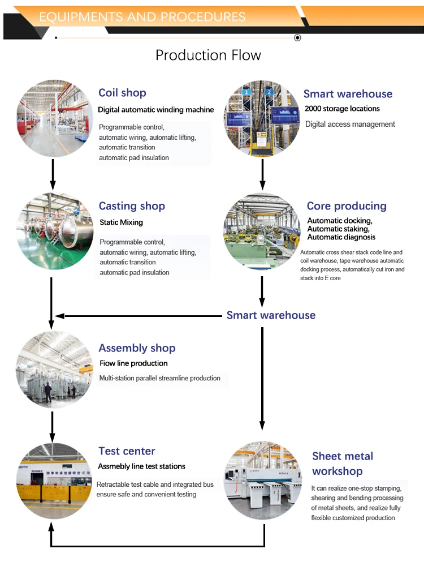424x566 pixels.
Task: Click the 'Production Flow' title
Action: (208, 55)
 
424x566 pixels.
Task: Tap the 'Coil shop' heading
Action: (122, 93)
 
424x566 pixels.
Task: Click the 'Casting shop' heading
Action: (132, 206)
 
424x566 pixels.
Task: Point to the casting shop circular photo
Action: (54, 231)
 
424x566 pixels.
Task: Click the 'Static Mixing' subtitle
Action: (121, 222)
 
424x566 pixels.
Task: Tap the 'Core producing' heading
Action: (347, 206)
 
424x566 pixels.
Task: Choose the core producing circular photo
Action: (262, 231)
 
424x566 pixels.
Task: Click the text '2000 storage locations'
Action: (342, 109)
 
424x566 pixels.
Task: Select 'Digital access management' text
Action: (350, 124)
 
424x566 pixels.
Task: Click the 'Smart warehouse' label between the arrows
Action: (271, 315)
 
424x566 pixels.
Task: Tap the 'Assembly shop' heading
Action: (137, 348)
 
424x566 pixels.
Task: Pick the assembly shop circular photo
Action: (54, 370)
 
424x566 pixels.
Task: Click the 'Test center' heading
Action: (127, 451)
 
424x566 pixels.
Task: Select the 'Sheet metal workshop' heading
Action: (342, 464)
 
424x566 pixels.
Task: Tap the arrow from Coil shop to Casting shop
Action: (53, 174)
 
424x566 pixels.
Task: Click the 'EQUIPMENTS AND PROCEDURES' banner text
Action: (142, 17)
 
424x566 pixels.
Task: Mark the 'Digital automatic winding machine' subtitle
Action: (156, 110)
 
